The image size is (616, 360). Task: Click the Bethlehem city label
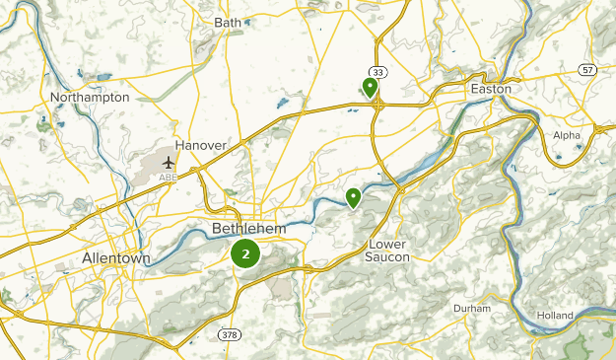tap(248, 229)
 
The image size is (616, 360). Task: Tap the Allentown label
tap(116, 258)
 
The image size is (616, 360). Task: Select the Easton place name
tap(492, 89)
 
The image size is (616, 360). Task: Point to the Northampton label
tap(90, 98)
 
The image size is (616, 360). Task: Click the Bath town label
tap(228, 22)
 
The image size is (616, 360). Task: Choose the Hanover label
tap(201, 145)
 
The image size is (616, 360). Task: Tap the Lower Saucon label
tap(388, 251)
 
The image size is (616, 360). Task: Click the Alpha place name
tap(567, 135)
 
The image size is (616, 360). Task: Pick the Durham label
tap(472, 309)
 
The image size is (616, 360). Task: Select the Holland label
tap(556, 315)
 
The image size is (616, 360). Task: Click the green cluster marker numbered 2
tap(245, 253)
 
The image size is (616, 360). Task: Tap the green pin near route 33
tap(371, 89)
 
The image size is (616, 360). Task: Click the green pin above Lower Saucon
tap(353, 198)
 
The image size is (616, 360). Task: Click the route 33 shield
tap(377, 72)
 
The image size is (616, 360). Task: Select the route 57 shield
tap(587, 69)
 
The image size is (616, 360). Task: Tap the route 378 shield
tap(229, 335)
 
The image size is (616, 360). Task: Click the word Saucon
tap(388, 257)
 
